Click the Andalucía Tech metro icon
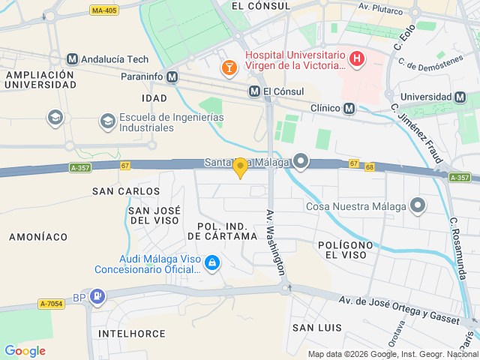coord(72,59)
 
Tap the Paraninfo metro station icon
coord(172,76)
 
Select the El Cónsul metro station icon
coord(255,91)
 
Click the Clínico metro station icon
coord(349,109)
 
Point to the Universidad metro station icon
coord(460,97)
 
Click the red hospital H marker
coord(357,58)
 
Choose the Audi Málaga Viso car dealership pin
coord(212,262)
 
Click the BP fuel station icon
coord(97,296)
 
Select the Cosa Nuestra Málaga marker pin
coord(418,205)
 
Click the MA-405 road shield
coord(103,10)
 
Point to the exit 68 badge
coord(369,166)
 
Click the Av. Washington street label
coord(276,241)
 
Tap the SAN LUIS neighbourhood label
coord(316,328)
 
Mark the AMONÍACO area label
coord(38,236)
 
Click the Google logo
coord(25,350)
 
